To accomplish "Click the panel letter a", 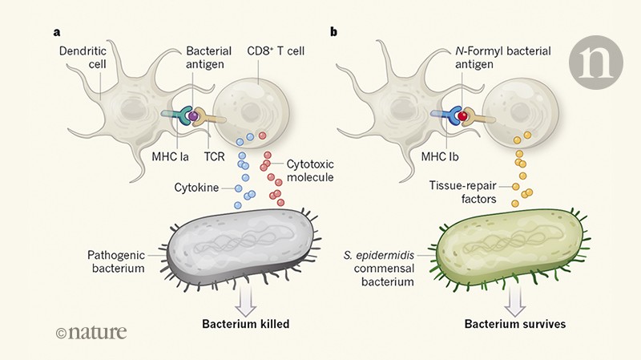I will click(x=57, y=33).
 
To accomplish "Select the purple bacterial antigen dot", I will click(x=194, y=117).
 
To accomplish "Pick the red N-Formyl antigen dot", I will click(x=462, y=118).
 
